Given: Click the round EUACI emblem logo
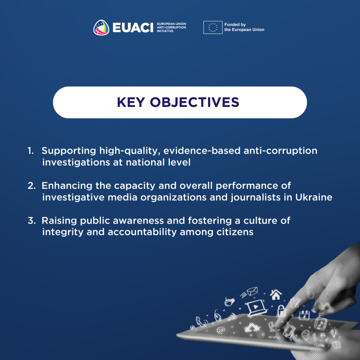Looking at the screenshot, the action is [101, 27].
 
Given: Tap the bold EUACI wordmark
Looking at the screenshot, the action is [133, 28].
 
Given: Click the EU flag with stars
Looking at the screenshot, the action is [213, 27].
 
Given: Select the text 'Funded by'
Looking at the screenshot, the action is [235, 25].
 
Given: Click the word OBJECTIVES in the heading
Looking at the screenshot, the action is [194, 102].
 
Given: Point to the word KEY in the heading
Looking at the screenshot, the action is [131, 102].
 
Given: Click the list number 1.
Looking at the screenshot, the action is [31, 151].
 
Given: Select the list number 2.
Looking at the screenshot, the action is [31, 186].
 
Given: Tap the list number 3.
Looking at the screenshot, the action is [31, 221].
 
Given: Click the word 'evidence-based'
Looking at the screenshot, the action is [202, 150].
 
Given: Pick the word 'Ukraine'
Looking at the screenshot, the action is [314, 197].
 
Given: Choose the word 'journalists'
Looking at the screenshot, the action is [256, 198].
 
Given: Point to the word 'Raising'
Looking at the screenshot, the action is [59, 221].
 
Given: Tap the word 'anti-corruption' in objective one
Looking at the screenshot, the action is [280, 151].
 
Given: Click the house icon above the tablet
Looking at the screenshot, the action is [276, 295].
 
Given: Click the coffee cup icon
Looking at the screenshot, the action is [229, 301].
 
